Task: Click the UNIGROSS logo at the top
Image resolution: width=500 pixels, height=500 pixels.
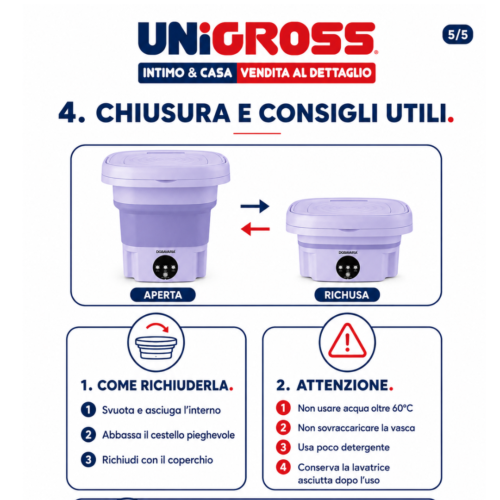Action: (x=256, y=38)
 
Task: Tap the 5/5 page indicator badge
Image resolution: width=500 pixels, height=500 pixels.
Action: (x=457, y=34)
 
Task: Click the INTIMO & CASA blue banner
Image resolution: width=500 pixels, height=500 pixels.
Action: (x=187, y=73)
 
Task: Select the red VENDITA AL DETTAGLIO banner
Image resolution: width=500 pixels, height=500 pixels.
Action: (x=306, y=73)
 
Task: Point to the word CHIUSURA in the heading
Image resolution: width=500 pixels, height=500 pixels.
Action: (x=163, y=113)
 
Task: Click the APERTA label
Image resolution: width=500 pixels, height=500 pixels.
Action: (x=162, y=294)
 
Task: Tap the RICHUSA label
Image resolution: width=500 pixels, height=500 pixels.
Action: (x=347, y=294)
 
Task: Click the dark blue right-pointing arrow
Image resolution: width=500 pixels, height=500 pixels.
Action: (x=255, y=206)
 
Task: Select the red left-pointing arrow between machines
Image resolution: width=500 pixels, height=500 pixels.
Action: (x=255, y=229)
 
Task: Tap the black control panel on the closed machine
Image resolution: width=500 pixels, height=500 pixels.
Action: (x=348, y=268)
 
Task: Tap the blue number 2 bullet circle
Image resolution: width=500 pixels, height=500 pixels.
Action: (x=88, y=435)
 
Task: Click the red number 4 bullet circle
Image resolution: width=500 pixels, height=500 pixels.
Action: (x=283, y=467)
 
